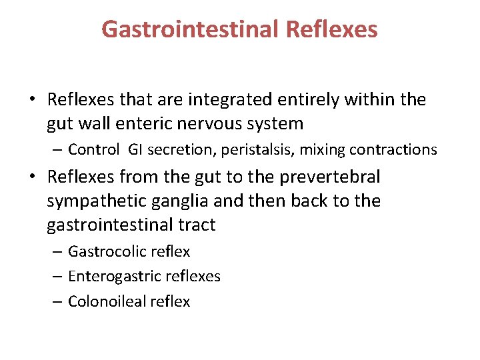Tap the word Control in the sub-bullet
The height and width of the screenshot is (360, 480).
[x=93, y=149]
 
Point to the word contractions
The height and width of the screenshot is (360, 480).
[x=398, y=149]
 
